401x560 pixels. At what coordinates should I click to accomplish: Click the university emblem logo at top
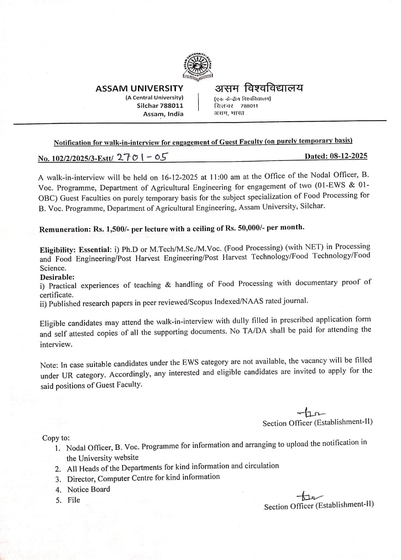198,66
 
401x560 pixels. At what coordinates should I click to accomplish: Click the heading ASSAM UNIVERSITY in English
139,89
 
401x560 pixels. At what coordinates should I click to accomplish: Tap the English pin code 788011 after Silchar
172,106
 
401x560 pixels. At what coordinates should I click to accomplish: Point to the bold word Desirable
57,277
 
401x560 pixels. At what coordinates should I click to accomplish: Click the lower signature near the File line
311,496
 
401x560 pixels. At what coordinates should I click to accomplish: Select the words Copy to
56,438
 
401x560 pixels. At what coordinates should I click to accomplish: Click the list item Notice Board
88,490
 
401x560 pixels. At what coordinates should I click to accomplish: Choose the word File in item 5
74,500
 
